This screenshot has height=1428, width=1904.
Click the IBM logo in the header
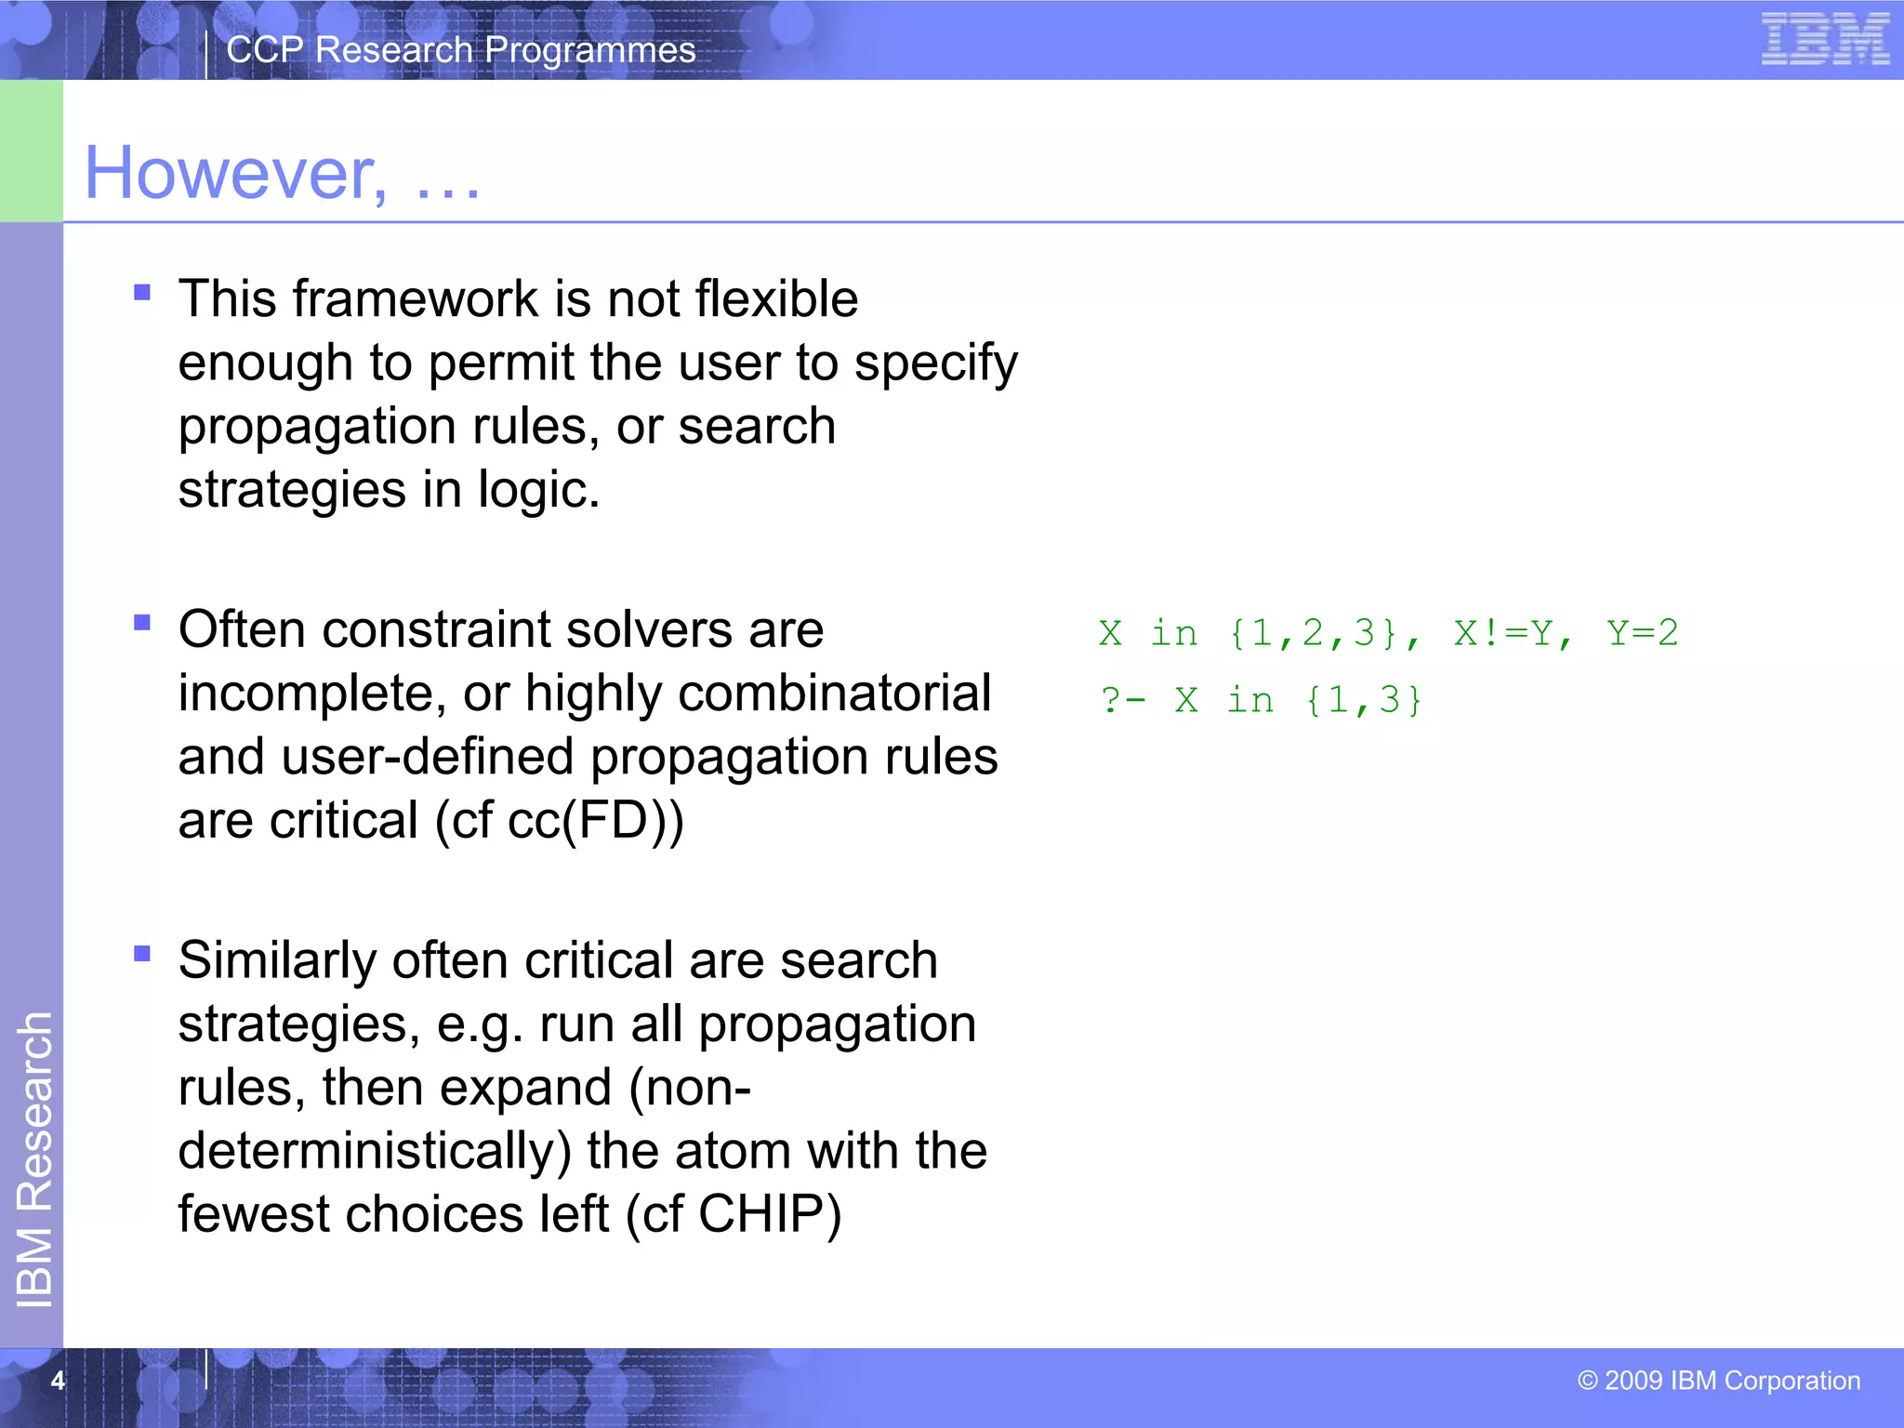tap(1825, 40)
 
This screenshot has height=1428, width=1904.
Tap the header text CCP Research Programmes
tap(460, 50)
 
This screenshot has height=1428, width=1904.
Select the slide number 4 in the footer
tap(58, 1381)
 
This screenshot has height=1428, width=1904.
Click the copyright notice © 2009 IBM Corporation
tap(1718, 1381)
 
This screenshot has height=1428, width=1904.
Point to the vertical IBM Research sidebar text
tap(35, 1158)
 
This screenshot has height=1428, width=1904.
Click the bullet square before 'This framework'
tap(142, 293)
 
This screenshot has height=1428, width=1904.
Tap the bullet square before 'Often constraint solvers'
tap(142, 623)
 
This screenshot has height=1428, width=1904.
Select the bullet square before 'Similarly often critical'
tap(142, 953)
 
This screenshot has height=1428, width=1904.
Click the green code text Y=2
tap(1642, 633)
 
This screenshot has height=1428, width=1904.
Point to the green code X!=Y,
tap(1513, 634)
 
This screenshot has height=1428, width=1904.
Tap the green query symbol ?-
tap(1122, 700)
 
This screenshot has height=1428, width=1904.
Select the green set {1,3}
tap(1364, 700)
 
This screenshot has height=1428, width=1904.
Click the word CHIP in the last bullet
tap(770, 1213)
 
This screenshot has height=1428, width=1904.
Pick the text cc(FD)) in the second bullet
tap(595, 821)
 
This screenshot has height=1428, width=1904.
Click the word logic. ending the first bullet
tap(538, 490)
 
